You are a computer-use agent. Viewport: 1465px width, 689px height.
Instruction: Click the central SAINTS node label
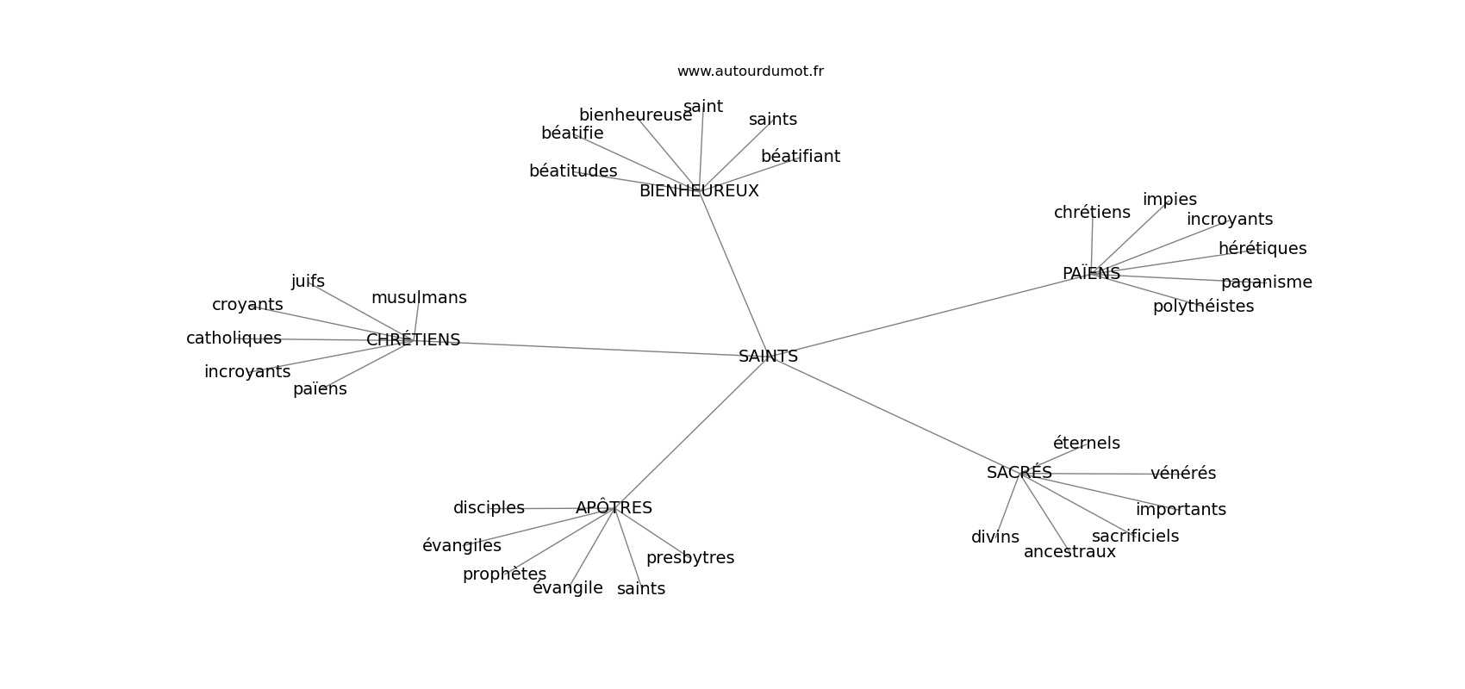[768, 357]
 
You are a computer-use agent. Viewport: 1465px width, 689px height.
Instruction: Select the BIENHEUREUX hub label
[699, 191]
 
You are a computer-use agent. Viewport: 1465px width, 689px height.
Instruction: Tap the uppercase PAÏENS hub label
[1091, 273]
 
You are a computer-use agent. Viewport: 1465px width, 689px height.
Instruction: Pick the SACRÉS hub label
[1019, 472]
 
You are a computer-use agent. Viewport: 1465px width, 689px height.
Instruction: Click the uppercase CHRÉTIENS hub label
[413, 339]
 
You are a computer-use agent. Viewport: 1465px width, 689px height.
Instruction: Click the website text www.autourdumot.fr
[750, 71]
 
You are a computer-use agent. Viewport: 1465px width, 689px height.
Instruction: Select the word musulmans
[419, 297]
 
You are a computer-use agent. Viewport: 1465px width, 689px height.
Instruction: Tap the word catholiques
[234, 338]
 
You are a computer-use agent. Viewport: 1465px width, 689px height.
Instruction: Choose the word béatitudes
[573, 171]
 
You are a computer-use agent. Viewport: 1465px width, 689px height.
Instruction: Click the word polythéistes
[1203, 307]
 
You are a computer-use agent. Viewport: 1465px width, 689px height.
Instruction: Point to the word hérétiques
[1262, 248]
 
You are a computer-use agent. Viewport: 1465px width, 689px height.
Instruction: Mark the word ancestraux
[1069, 552]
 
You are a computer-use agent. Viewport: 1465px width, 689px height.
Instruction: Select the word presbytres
[690, 557]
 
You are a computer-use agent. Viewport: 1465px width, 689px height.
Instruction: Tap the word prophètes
[503, 574]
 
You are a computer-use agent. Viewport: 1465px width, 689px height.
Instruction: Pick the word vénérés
[1183, 473]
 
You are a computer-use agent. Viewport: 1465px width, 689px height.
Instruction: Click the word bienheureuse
[635, 115]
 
